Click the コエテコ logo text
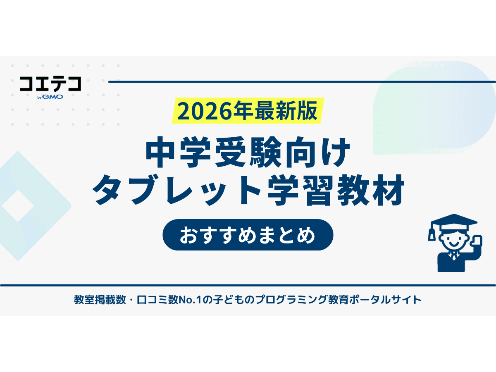[50, 84]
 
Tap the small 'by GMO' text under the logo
[50, 98]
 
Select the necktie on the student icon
[453, 257]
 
